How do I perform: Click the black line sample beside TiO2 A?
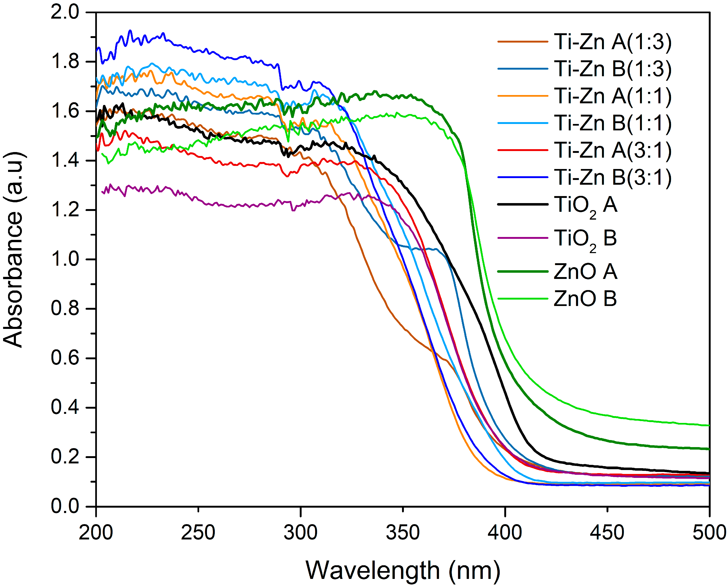(522, 204)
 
